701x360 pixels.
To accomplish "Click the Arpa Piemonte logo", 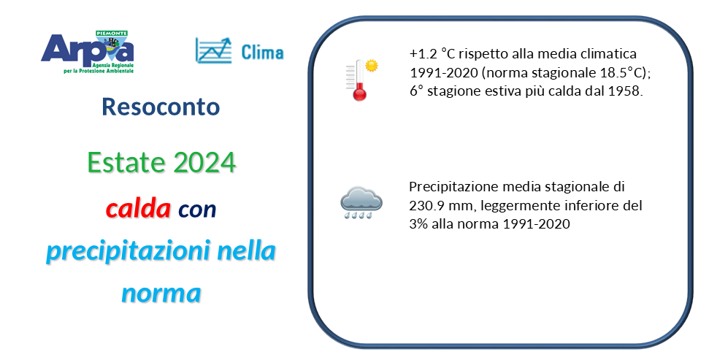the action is click(87, 51).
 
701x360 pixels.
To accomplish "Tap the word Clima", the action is click(262, 52).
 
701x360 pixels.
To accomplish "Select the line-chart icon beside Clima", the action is click(214, 50).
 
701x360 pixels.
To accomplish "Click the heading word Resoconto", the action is click(161, 107).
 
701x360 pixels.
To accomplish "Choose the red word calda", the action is click(139, 208).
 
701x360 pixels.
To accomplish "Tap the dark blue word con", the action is click(197, 210).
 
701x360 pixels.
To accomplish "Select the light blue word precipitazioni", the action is click(129, 251).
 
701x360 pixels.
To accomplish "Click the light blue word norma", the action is click(161, 294).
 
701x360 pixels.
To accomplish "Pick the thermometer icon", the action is click(357, 80).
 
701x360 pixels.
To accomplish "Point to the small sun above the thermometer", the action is click(371, 66).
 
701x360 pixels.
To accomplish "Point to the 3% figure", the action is click(418, 223).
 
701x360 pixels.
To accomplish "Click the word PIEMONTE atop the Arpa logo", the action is click(112, 34).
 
